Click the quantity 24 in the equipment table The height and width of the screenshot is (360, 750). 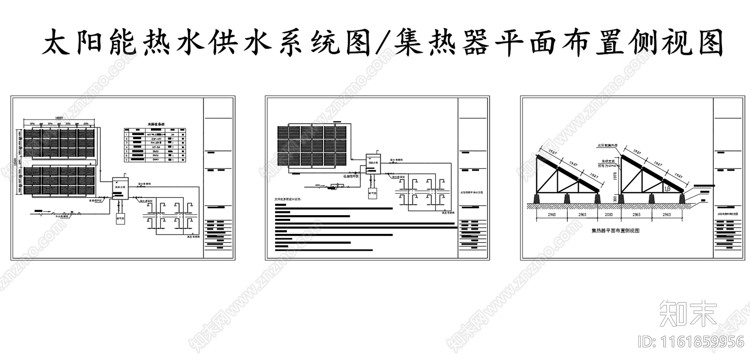pos(172,135)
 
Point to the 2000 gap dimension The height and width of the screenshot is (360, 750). pos(609,214)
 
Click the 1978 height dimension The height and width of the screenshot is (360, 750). pos(616,176)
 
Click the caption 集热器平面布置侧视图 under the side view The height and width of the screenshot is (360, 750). pos(615,231)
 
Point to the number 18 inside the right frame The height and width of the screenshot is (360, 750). pos(667,188)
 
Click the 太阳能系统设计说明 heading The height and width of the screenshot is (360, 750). pos(288,199)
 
